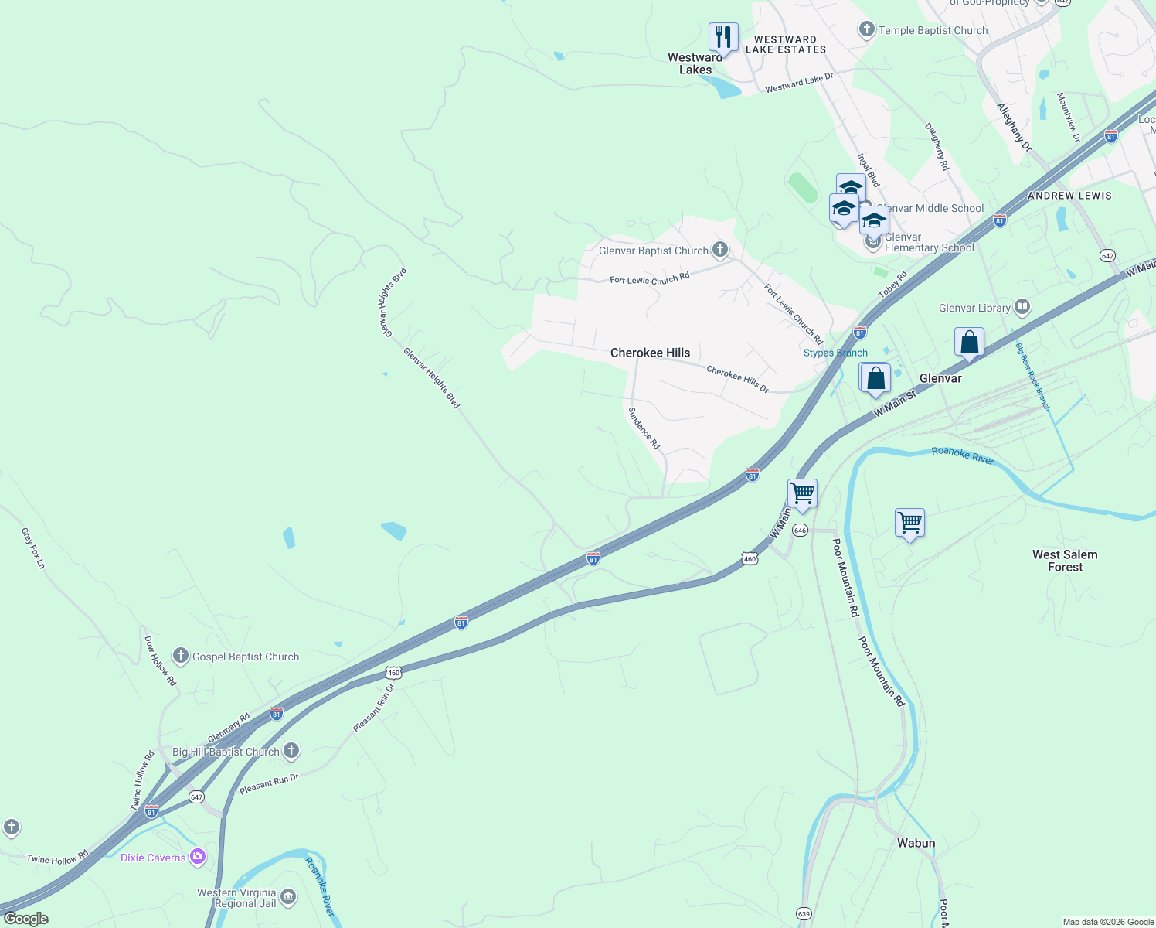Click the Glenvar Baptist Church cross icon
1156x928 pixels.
pos(719,250)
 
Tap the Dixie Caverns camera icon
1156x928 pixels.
pos(198,857)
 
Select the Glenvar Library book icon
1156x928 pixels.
pos(1022,308)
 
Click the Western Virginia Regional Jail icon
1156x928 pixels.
pos(287,897)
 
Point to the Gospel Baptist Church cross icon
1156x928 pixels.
pos(180,657)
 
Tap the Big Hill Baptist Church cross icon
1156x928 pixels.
pos(291,751)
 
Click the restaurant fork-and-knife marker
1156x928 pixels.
pos(723,36)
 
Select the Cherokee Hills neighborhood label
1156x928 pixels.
pos(650,353)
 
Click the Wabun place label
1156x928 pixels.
pos(916,843)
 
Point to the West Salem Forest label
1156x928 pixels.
pos(1065,561)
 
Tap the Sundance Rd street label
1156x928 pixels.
pos(644,428)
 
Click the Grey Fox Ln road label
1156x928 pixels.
pos(33,548)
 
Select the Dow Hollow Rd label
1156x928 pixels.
pos(161,661)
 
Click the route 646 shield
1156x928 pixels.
pos(800,531)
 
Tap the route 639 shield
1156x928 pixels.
pos(804,914)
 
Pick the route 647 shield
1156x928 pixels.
pos(196,797)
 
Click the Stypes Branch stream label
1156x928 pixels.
pos(835,353)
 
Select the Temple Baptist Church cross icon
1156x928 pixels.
pos(866,30)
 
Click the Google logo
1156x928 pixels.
pos(26,919)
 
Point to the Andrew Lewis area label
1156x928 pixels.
pos(1069,196)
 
